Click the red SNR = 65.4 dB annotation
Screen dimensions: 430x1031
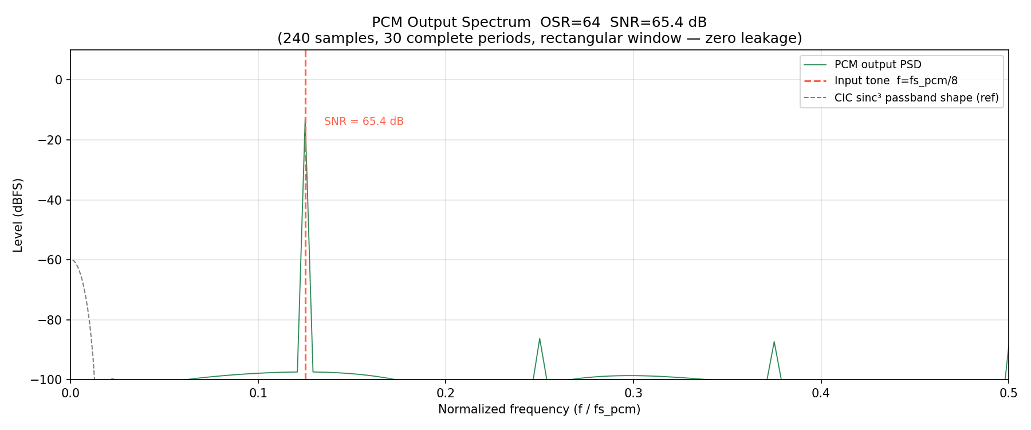coord(364,122)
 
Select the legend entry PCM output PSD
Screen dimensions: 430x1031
coord(877,65)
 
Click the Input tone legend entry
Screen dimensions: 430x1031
coord(896,81)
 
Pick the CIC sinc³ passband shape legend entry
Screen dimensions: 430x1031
coord(916,97)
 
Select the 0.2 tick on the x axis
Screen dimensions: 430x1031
coord(446,393)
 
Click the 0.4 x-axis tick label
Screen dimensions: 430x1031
coord(821,393)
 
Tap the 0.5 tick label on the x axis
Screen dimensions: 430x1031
coord(1008,393)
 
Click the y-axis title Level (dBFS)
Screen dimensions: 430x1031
coord(18,215)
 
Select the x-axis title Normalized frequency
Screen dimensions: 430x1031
coord(539,409)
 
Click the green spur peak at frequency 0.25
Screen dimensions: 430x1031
coord(540,339)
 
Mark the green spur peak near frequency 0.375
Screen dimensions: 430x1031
coord(774,342)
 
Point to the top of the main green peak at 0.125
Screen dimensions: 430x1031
coord(305,123)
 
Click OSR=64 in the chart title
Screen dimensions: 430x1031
coord(570,22)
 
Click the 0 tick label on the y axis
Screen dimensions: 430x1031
coord(58,80)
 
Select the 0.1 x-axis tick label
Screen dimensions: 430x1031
coord(258,393)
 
